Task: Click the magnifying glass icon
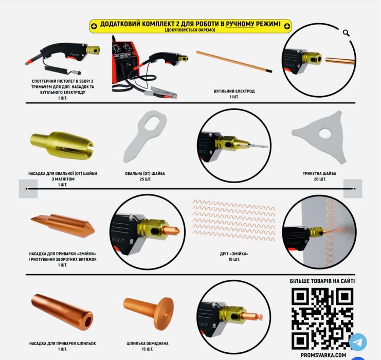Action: [346, 33]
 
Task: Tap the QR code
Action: [322, 319]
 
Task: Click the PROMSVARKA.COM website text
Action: [323, 355]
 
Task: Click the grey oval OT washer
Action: [144, 136]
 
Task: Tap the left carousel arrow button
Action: [28, 189]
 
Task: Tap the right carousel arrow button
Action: [353, 189]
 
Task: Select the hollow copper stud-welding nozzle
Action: [62, 312]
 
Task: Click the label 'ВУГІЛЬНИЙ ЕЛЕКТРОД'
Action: [234, 92]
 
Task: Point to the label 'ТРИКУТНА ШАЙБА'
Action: [319, 173]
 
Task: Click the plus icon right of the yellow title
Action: [287, 26]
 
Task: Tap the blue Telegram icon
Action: [358, 342]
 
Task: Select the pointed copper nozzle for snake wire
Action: [63, 226]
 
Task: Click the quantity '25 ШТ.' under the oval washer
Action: [146, 179]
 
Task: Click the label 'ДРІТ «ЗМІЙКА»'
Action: [234, 254]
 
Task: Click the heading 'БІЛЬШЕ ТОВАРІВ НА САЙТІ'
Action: [322, 281]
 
